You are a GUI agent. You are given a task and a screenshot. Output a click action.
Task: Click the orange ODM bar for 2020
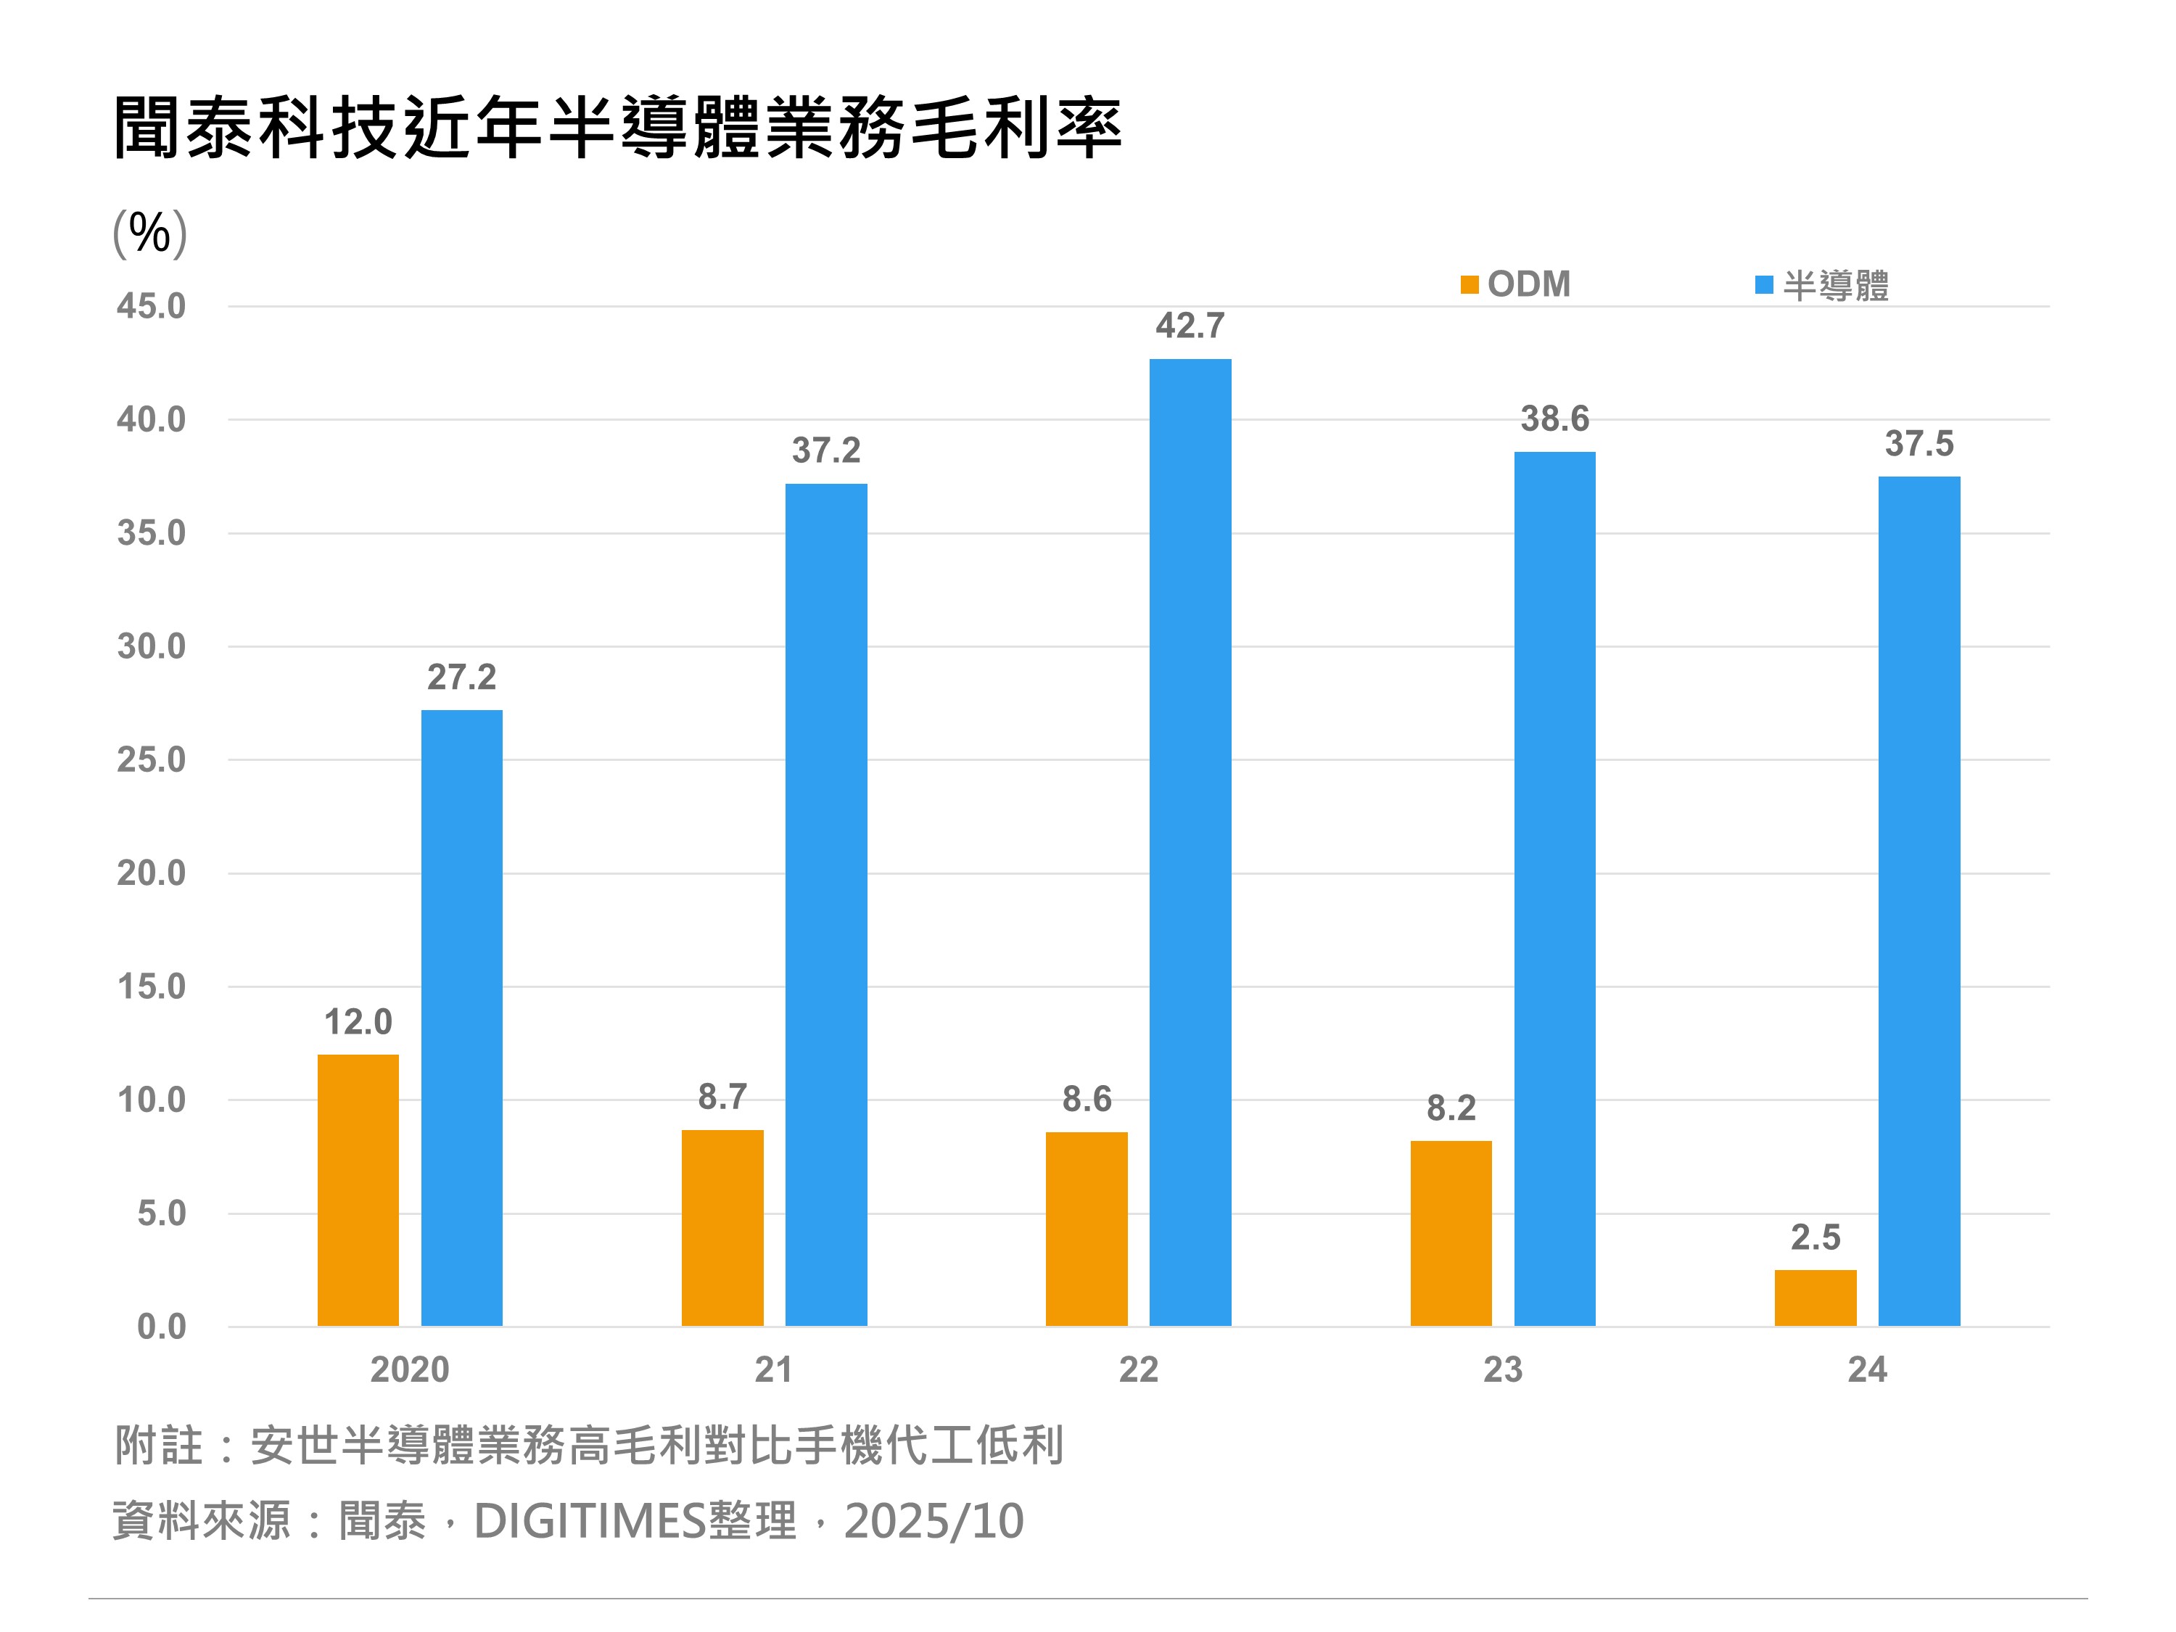point(358,1190)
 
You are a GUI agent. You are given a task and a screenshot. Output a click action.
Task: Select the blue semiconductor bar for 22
point(1190,842)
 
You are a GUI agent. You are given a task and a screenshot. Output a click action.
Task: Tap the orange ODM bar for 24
point(1815,1298)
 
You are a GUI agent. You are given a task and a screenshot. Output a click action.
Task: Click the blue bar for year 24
point(1919,901)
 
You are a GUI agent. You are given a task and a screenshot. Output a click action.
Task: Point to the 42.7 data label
point(1190,326)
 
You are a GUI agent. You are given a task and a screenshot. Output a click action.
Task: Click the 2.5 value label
point(1815,1237)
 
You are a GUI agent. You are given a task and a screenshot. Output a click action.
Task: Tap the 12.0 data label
point(358,1022)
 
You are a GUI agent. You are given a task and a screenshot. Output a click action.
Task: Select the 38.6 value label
point(1554,419)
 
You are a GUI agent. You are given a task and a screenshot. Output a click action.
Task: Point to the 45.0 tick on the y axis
point(151,306)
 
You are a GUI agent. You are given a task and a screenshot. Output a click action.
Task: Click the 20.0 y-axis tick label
point(151,873)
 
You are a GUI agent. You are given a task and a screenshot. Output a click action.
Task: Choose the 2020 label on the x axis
point(409,1369)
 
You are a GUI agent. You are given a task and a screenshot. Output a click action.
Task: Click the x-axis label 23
point(1502,1369)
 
